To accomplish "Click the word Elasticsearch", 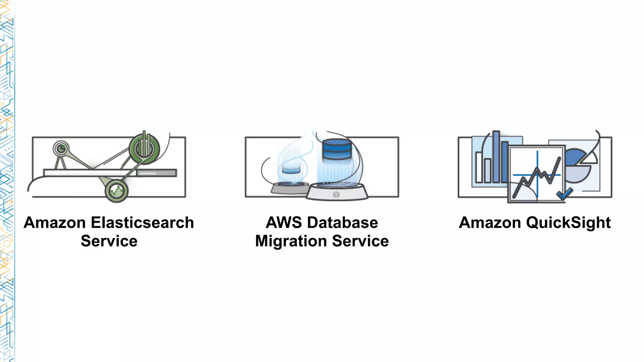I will [x=142, y=223].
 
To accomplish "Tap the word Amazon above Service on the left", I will [x=55, y=223].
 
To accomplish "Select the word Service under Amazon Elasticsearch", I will [x=109, y=241].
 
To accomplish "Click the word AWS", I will [x=284, y=223].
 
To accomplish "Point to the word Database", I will [x=342, y=223].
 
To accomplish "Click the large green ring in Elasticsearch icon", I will [x=145, y=149].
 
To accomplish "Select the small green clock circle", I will [x=61, y=148].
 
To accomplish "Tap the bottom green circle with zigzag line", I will [x=117, y=190].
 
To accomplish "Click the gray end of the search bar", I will [x=157, y=173].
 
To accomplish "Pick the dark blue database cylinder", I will [x=337, y=149].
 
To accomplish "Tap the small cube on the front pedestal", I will [x=336, y=195].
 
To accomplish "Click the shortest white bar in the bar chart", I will [x=487, y=170].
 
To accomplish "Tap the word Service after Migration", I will [x=360, y=241].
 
